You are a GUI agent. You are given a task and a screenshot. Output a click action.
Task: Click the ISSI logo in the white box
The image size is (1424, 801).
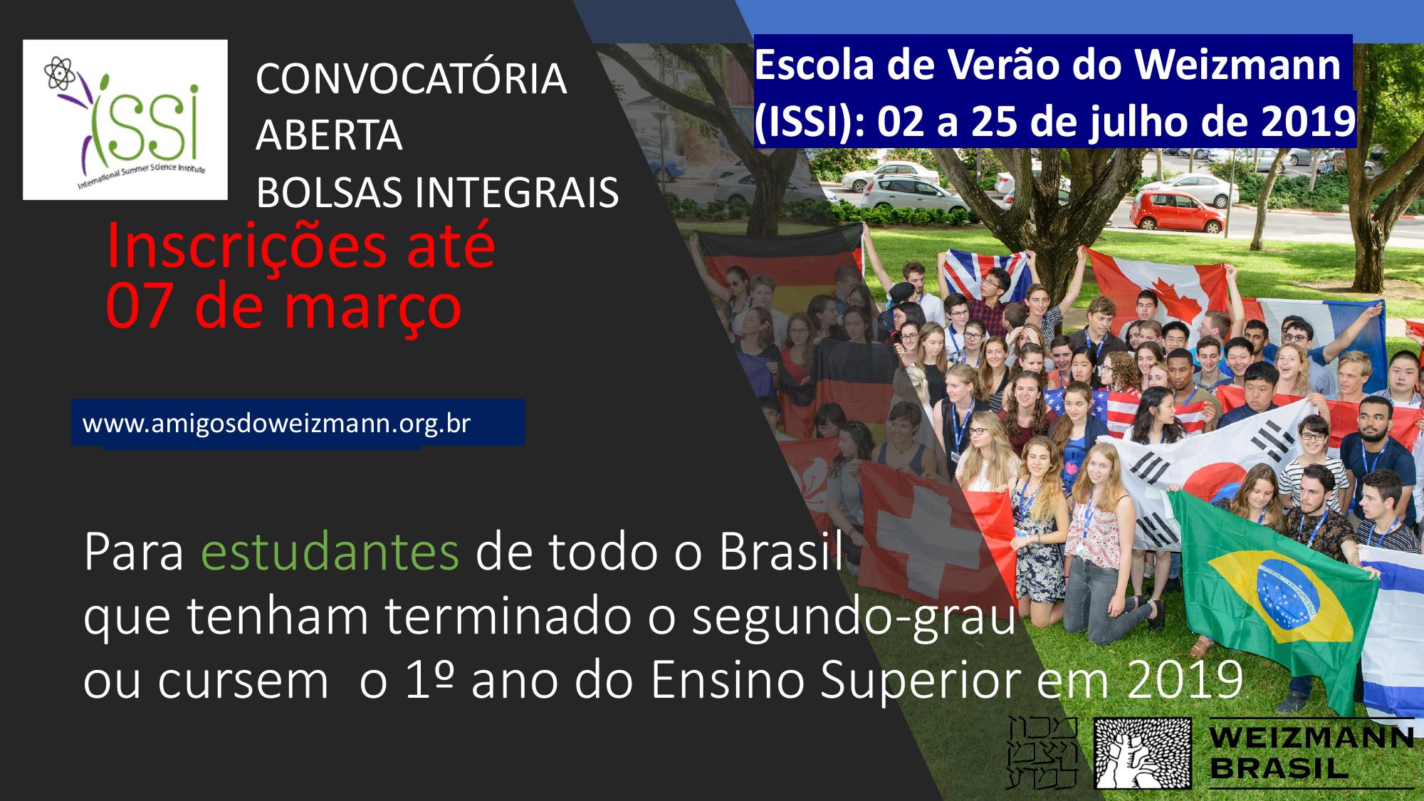click(x=125, y=120)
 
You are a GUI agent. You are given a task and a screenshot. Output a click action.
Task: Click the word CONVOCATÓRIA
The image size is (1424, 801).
click(x=411, y=78)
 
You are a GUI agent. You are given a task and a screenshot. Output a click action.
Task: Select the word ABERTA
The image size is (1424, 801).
click(x=329, y=135)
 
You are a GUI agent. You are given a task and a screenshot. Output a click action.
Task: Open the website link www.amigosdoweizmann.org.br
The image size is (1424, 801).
click(x=276, y=423)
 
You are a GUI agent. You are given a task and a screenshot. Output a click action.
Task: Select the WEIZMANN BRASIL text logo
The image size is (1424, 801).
click(x=1310, y=753)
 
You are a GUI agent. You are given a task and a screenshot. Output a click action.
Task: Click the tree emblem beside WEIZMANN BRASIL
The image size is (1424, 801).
click(x=1143, y=753)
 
